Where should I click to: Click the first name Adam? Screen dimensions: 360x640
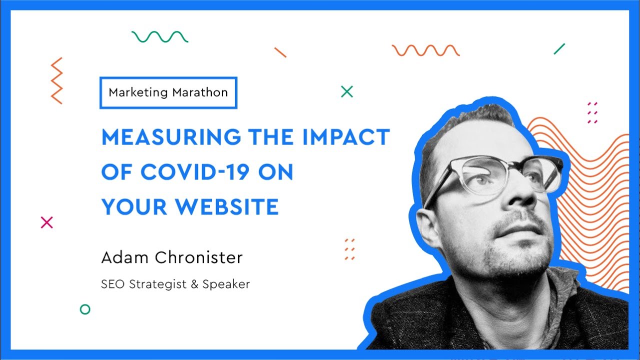[x=124, y=257]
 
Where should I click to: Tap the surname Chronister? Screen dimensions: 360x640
[x=198, y=257]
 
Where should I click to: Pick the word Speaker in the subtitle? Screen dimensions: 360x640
[x=226, y=284]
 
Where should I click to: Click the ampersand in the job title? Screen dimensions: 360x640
[x=194, y=284]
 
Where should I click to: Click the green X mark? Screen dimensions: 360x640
[x=346, y=91]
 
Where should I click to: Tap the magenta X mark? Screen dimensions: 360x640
[x=46, y=222]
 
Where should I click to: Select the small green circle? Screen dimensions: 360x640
[x=85, y=309]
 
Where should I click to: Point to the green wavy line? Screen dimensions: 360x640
[x=160, y=36]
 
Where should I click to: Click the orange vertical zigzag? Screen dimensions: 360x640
[x=56, y=80]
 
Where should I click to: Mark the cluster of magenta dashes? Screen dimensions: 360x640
[x=592, y=112]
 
